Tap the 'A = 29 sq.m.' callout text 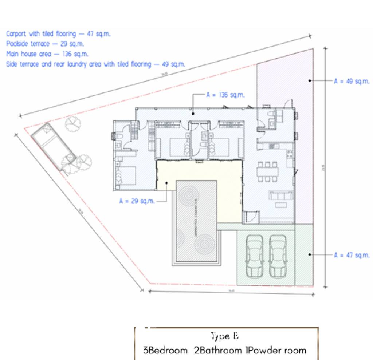tap(137, 201)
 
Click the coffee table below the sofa tap(281, 205)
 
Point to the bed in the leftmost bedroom tap(126, 175)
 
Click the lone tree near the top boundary tap(72, 123)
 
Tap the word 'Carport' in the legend tap(16, 34)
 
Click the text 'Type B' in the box tap(224, 336)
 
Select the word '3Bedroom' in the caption tap(165, 351)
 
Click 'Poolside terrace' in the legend tap(27, 44)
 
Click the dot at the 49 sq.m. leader tap(309, 81)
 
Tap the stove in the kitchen tap(273, 146)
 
